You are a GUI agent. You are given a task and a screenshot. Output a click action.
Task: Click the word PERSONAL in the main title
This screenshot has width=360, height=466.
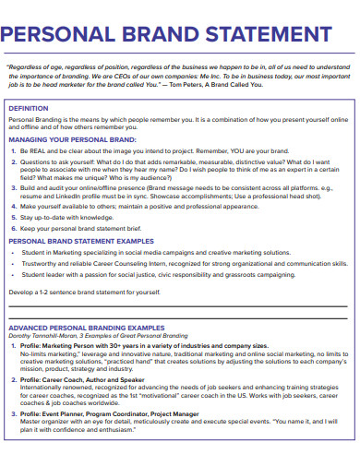pyautogui.click(x=64, y=36)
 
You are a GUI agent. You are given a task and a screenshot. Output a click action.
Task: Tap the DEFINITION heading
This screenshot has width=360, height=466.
pyautogui.click(x=29, y=108)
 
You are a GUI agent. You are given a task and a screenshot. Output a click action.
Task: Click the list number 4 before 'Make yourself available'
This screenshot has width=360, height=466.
pyautogui.click(x=11, y=208)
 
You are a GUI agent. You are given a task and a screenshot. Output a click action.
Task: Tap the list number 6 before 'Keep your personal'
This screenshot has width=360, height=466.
pyautogui.click(x=11, y=227)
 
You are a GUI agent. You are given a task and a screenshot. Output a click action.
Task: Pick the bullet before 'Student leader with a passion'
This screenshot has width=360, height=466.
pyautogui.click(x=13, y=274)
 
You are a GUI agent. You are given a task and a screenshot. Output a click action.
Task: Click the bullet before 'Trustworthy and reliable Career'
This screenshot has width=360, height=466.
pyautogui.click(x=13, y=262)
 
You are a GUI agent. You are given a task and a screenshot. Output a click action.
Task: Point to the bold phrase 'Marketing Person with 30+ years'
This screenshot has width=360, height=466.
pyautogui.click(x=95, y=344)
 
